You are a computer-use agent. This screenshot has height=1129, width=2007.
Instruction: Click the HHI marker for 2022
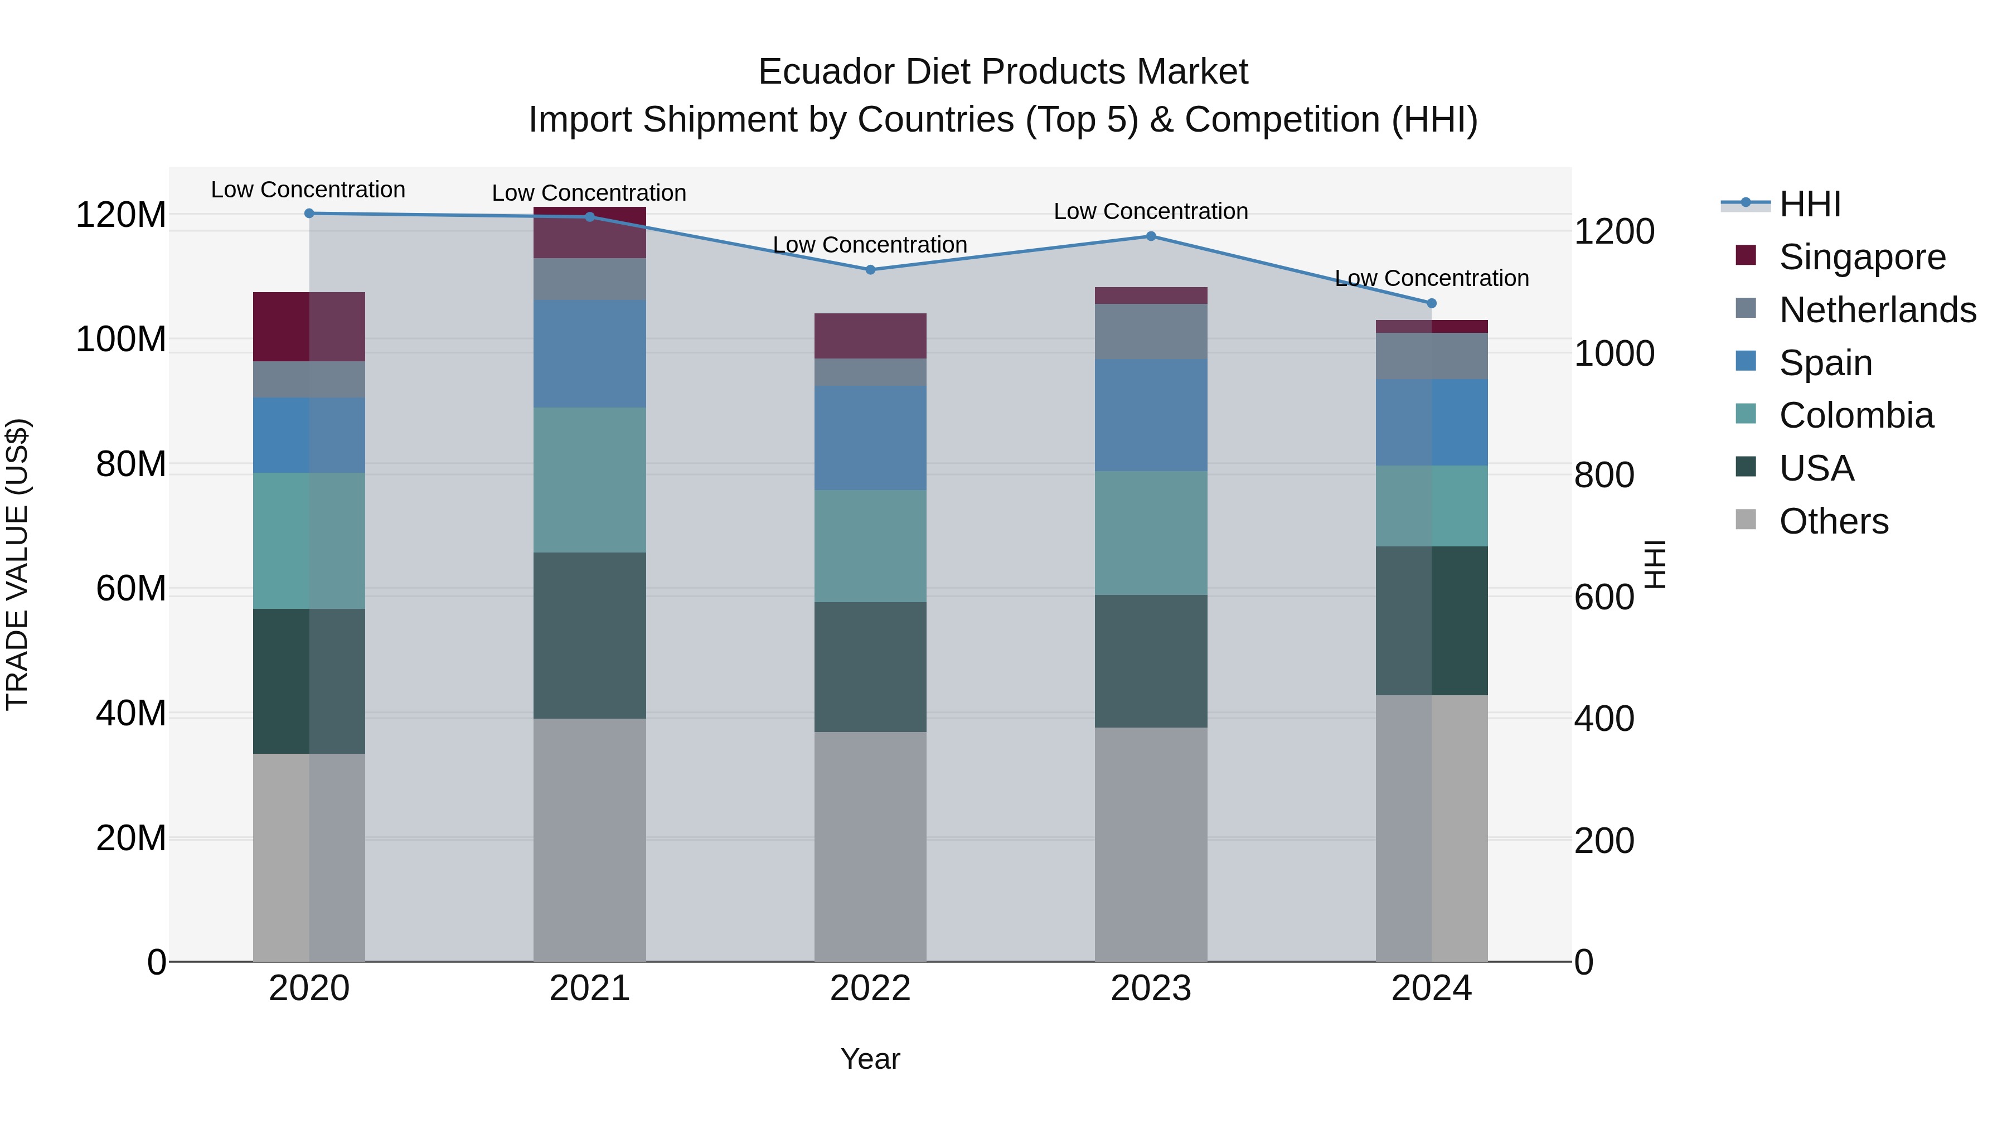coord(870,270)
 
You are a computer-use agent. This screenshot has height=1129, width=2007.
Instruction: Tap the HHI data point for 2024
coord(1431,303)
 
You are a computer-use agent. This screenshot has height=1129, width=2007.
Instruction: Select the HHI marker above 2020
coord(309,213)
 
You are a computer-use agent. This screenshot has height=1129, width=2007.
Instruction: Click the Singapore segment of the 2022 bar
coord(870,336)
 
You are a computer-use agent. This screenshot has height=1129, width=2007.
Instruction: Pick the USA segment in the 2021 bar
coord(590,635)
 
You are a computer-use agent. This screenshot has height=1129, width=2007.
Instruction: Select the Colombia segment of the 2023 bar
coord(1151,533)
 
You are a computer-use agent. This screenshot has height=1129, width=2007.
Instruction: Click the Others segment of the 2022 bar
coord(870,846)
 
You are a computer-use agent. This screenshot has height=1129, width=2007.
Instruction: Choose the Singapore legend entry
coord(1862,257)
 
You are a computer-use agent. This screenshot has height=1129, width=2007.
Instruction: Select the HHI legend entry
coord(1810,204)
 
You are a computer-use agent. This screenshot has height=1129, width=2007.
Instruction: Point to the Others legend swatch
coord(1746,520)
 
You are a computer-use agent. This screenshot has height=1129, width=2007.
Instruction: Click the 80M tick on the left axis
coord(130,464)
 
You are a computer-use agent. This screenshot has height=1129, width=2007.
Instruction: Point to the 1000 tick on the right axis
coord(1613,353)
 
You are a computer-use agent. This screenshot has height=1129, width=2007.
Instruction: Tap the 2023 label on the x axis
coord(1151,989)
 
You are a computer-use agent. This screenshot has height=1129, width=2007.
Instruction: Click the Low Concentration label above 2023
coord(1151,211)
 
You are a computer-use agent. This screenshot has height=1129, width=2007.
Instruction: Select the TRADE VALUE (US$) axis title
coord(17,564)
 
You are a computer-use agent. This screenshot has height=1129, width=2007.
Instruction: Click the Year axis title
coord(870,1059)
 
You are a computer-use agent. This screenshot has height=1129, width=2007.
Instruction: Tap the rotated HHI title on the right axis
coord(1654,564)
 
